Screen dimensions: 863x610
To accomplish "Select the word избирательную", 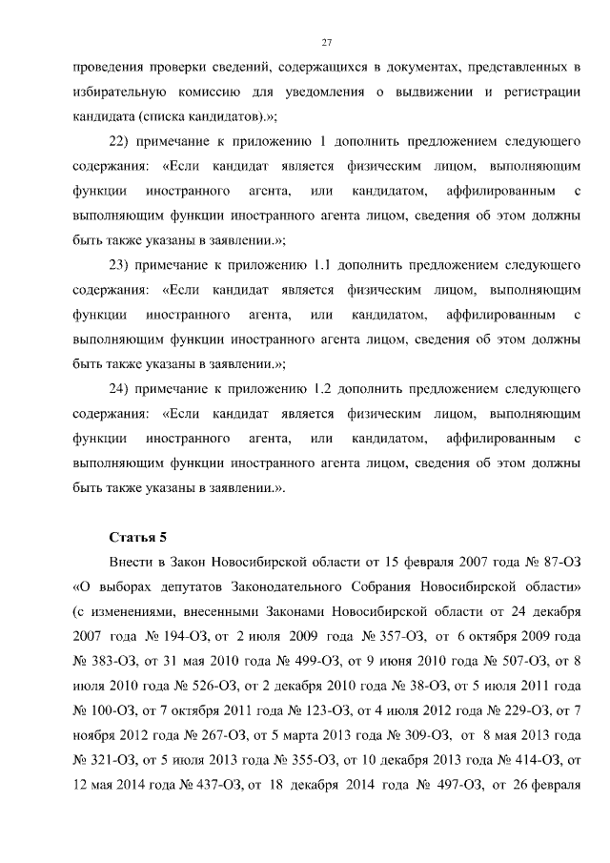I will (x=120, y=92).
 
